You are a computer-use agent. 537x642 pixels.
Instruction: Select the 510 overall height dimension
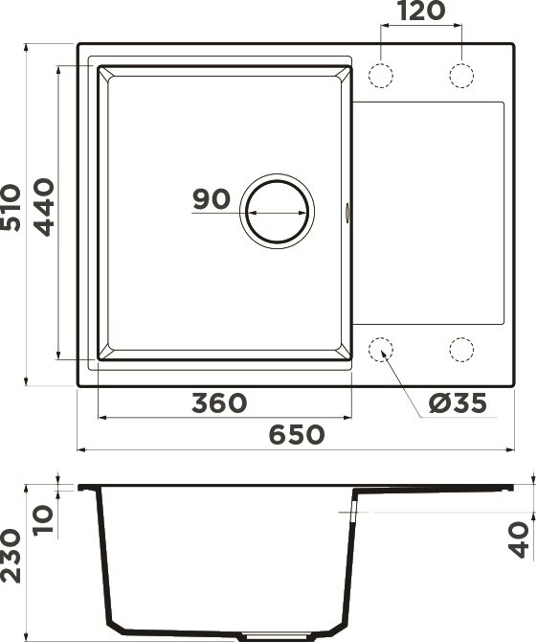(x=12, y=208)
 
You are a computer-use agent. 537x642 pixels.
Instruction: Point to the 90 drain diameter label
(x=212, y=199)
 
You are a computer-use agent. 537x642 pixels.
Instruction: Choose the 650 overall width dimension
(x=295, y=435)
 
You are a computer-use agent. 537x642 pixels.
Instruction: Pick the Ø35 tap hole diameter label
(x=458, y=403)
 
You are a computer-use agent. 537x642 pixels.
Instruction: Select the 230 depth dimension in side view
(x=12, y=556)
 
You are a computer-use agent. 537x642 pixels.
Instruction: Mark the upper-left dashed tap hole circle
(x=381, y=76)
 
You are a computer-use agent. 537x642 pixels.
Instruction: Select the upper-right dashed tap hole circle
(x=460, y=76)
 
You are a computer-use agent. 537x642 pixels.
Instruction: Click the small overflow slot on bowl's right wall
(x=346, y=212)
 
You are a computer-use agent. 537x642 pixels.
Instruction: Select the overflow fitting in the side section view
(x=354, y=517)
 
